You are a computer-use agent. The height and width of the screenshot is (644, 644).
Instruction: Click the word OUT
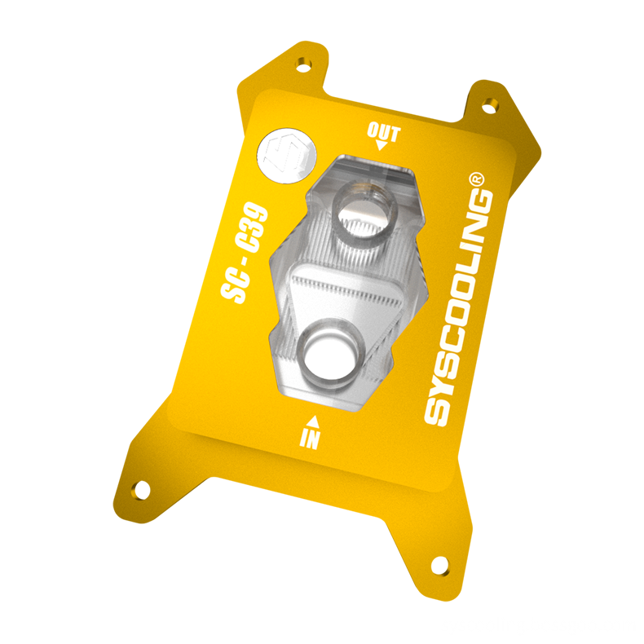point(383,132)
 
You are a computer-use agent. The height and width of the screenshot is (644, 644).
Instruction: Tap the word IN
point(310,439)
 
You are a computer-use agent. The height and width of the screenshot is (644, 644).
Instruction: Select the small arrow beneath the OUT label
point(381,147)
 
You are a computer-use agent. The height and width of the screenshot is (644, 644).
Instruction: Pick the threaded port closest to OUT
point(364,213)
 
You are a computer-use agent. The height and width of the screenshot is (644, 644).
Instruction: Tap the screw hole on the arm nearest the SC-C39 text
point(141,489)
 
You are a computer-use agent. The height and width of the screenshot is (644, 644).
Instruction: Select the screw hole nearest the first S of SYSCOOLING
point(438,562)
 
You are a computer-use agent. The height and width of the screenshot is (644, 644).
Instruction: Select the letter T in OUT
point(395,133)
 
